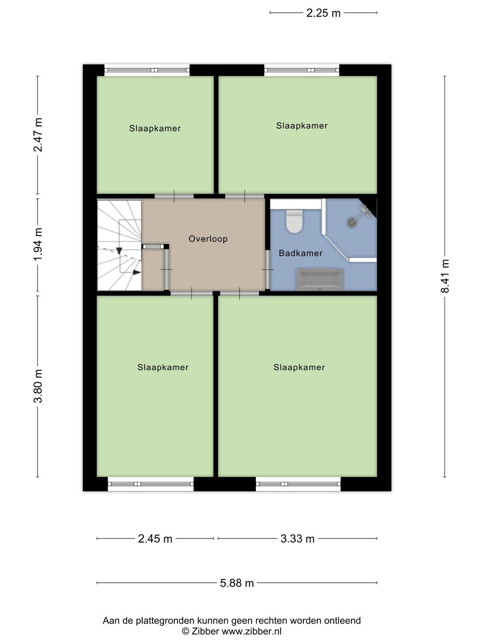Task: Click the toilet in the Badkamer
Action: click(294, 221)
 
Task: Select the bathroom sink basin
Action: click(320, 279)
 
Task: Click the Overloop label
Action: click(208, 239)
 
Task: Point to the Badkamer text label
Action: click(300, 253)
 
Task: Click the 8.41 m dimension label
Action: click(445, 276)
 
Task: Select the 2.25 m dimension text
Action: click(323, 13)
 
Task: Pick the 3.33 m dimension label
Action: click(297, 539)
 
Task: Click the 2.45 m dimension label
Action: click(155, 539)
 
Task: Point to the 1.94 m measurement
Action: click(38, 244)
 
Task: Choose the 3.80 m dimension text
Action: click(38, 386)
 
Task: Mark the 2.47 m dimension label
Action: click(38, 135)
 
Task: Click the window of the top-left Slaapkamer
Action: click(147, 70)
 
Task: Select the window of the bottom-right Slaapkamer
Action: click(298, 483)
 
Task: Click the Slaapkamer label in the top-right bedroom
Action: click(302, 126)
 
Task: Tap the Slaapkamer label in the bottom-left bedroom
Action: click(163, 367)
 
